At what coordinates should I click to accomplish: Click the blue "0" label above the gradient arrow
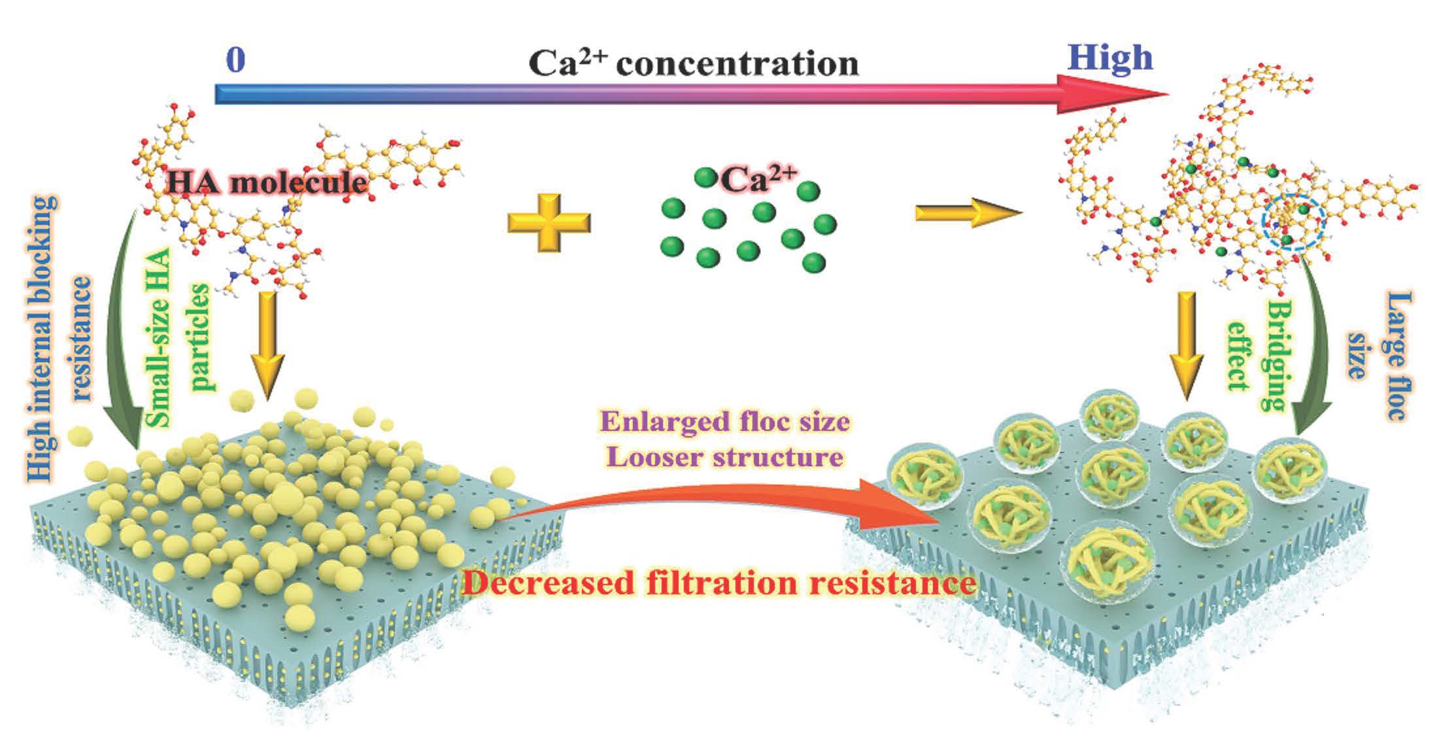coord(235,61)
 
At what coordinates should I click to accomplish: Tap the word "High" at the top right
coord(1110,58)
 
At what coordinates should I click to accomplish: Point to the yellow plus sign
coord(549,222)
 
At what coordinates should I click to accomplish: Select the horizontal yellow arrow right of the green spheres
coord(967,213)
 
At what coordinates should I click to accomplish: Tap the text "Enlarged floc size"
coord(725,422)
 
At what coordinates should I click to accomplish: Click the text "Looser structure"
coord(724,456)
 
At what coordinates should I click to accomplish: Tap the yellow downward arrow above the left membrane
coord(267,343)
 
